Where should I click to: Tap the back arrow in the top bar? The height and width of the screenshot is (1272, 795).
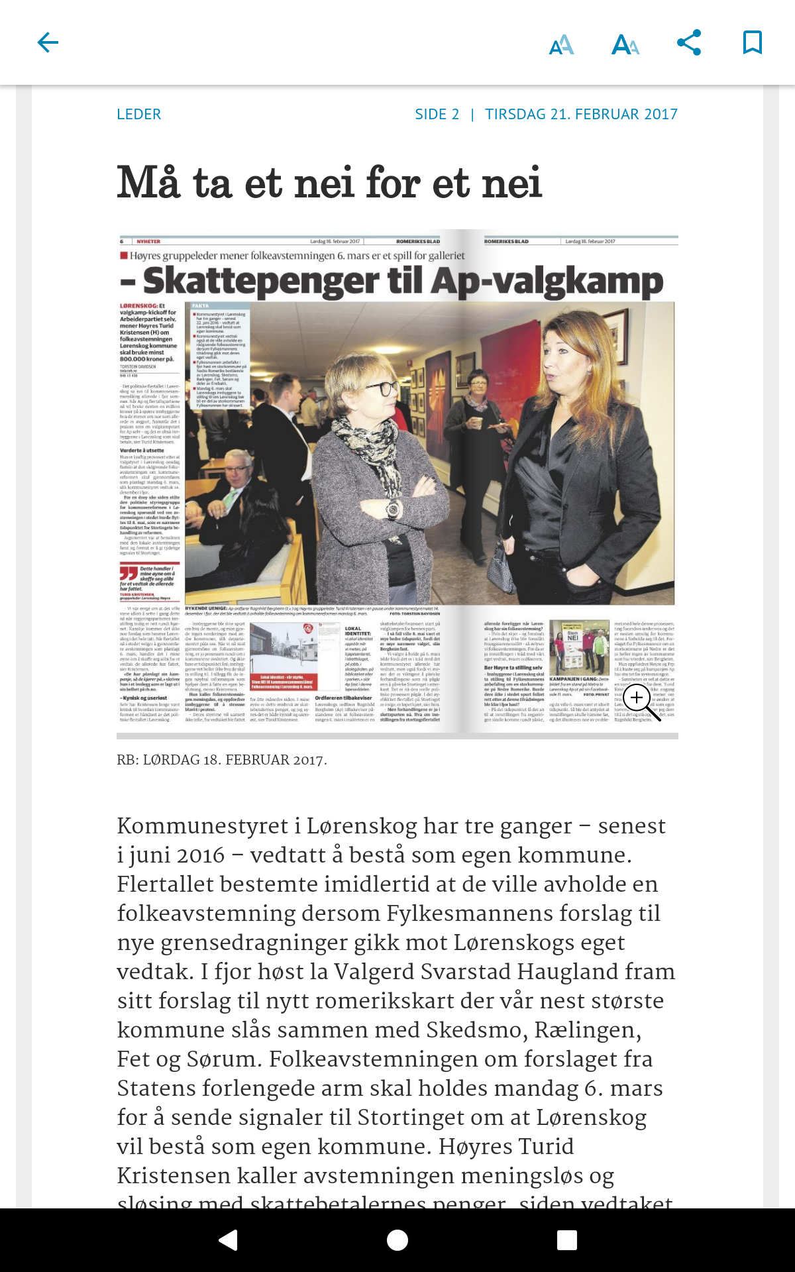[48, 43]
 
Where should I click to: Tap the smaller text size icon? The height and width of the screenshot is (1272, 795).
[561, 44]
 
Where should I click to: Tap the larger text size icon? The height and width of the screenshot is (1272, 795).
[625, 44]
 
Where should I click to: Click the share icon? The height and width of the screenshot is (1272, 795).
[689, 43]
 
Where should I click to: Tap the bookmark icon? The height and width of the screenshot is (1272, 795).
[752, 43]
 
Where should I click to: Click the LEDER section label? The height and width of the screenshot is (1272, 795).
[138, 114]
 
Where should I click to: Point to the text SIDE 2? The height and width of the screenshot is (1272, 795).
[437, 114]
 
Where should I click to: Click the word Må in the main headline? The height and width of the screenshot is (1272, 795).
[148, 183]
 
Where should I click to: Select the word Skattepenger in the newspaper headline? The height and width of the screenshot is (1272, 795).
[262, 281]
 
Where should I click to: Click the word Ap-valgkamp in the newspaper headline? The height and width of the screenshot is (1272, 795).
[547, 281]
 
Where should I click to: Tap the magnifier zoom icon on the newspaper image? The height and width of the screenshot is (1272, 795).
[637, 698]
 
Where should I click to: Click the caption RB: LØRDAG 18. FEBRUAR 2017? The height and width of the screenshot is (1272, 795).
[222, 760]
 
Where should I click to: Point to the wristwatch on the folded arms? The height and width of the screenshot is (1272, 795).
[393, 509]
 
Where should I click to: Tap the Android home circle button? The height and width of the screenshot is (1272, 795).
[397, 1240]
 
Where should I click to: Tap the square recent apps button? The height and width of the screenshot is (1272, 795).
[567, 1240]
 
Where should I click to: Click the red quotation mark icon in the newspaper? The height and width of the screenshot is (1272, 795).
[129, 573]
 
